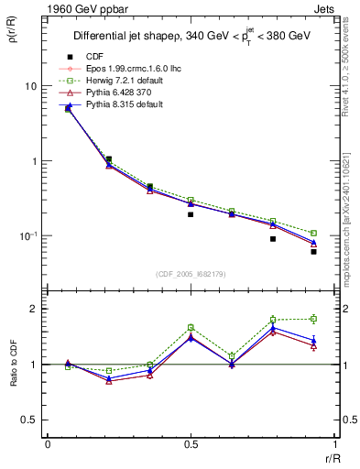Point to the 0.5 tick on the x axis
191,445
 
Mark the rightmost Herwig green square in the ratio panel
313,319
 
